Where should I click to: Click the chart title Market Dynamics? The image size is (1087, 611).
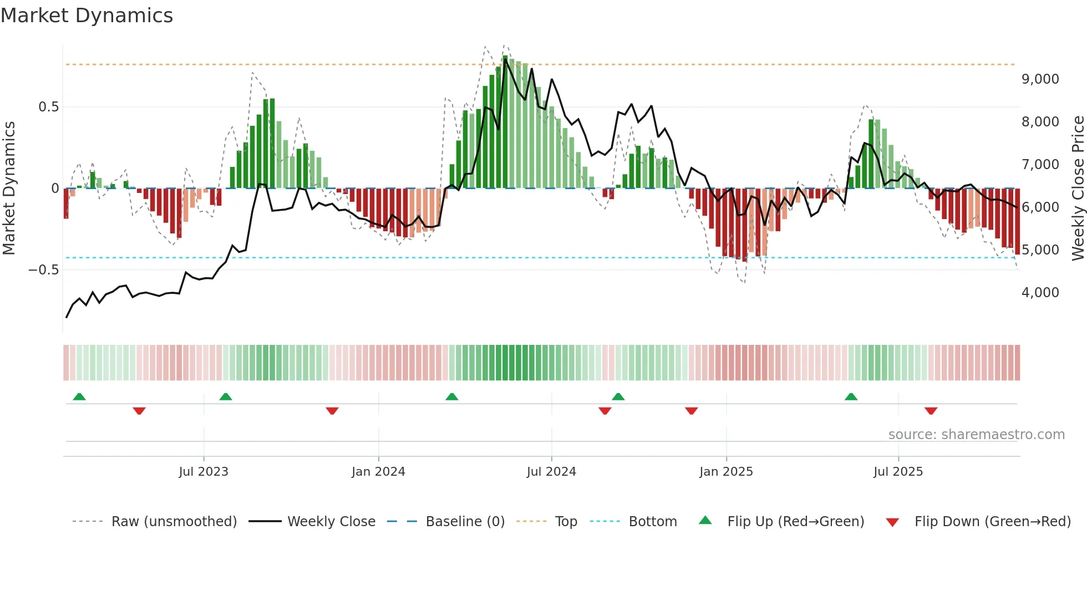point(87,16)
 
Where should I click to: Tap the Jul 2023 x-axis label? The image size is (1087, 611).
point(204,472)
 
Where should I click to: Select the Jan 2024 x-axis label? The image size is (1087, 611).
point(378,472)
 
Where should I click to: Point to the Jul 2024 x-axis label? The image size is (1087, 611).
point(551,472)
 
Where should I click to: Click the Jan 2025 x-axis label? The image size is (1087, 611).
point(726,472)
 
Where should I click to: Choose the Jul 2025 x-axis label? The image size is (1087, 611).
point(898,472)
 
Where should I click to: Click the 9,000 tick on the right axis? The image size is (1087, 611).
point(1040,79)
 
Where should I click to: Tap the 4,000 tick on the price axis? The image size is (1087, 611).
point(1040,293)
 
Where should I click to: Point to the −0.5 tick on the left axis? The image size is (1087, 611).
point(43,270)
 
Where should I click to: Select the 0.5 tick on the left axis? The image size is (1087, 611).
point(48,107)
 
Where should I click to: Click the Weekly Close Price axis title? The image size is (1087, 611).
point(1078,188)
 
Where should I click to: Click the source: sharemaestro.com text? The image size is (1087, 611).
point(976,435)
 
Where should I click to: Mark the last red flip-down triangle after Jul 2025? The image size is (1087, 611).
point(931,411)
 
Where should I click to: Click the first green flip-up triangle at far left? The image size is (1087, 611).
point(79,397)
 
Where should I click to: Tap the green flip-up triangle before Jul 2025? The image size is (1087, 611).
point(851,397)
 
